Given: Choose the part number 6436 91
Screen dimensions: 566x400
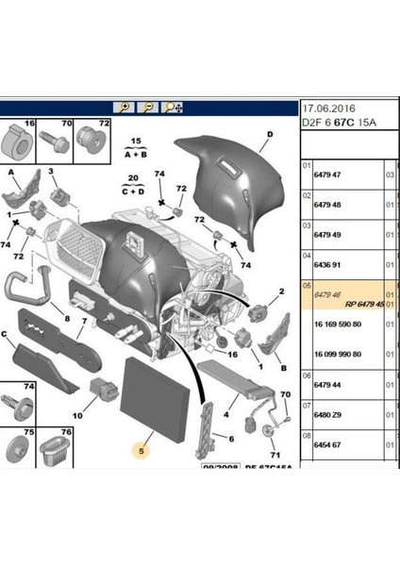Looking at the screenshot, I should pos(327,266).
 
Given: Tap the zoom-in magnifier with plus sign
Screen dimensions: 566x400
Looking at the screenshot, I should pos(122,108).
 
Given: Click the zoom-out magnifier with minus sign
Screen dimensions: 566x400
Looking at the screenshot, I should pos(147,108).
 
